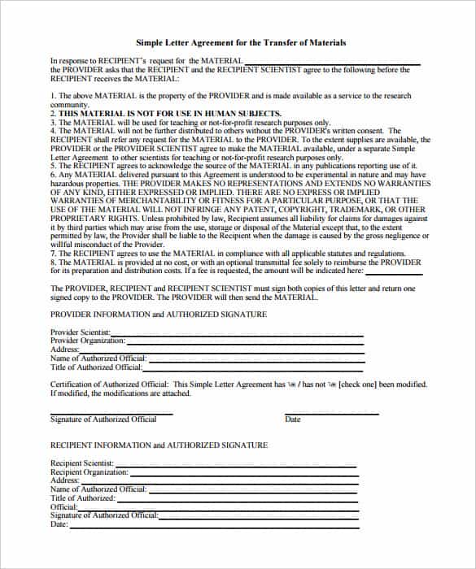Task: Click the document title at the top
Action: (x=238, y=42)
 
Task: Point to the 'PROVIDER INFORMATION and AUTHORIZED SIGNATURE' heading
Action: (x=158, y=314)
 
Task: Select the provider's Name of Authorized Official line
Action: (x=255, y=359)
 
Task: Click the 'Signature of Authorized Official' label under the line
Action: (x=103, y=419)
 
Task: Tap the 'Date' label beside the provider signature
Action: (x=292, y=419)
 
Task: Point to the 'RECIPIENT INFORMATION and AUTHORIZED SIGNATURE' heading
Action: (x=159, y=445)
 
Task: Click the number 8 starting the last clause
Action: (x=53, y=263)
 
